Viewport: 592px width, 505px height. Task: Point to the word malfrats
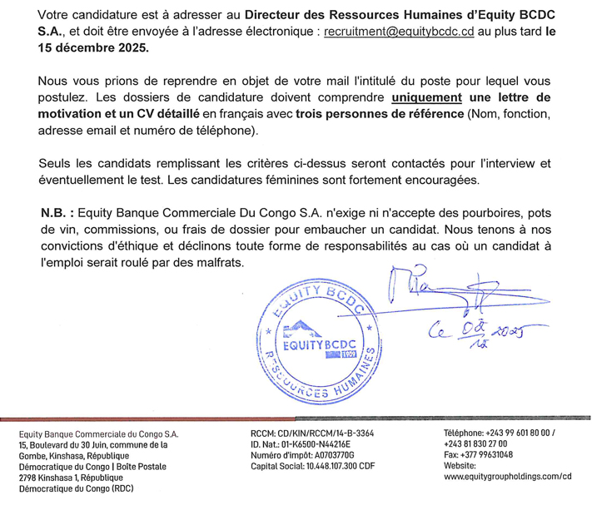216,263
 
